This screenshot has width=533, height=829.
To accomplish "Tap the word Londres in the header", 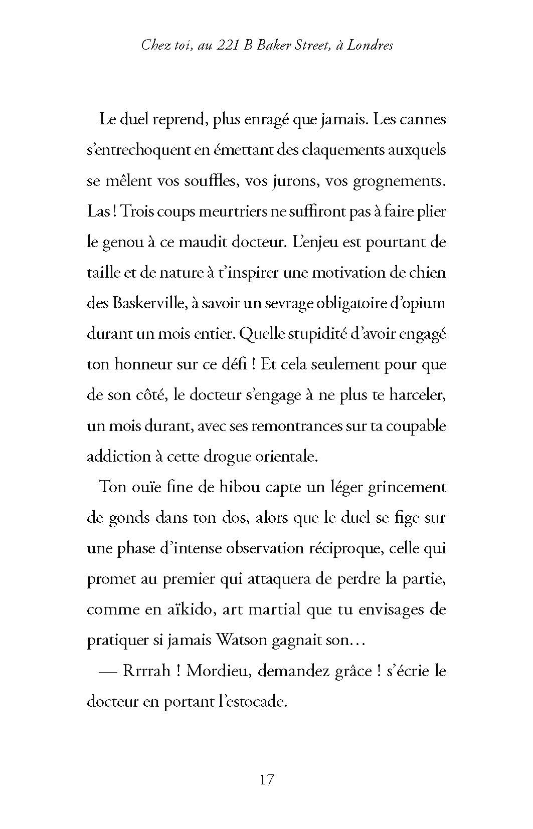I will (x=370, y=45).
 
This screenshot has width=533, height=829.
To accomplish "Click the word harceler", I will (x=416, y=395).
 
